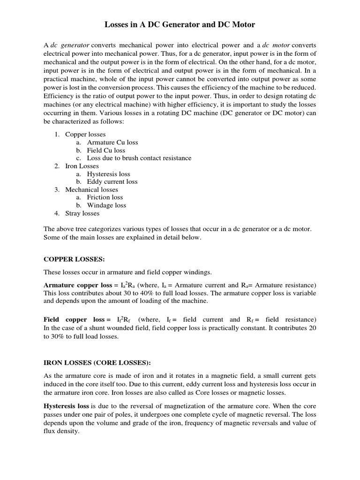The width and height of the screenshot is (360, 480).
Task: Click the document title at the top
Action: [x=180, y=24]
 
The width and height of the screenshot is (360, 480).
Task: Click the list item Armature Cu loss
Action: [x=112, y=142]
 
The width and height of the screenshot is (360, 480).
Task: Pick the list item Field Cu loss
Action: [x=106, y=150]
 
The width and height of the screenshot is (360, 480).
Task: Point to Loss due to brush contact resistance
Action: [x=139, y=158]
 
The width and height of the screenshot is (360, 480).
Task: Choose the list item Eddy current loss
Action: [x=112, y=181]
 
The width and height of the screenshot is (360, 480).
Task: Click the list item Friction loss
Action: [x=105, y=197]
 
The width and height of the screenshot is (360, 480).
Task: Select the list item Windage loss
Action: [x=106, y=205]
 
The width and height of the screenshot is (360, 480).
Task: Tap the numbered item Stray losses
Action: [x=82, y=213]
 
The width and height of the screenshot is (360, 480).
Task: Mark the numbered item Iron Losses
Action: [x=82, y=166]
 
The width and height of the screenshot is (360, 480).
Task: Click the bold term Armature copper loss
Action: [x=77, y=285]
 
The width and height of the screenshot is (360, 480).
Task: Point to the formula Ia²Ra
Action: [x=127, y=285]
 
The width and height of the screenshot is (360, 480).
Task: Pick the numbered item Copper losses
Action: [x=85, y=135]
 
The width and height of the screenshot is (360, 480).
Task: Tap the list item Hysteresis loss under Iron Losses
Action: [x=108, y=174]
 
